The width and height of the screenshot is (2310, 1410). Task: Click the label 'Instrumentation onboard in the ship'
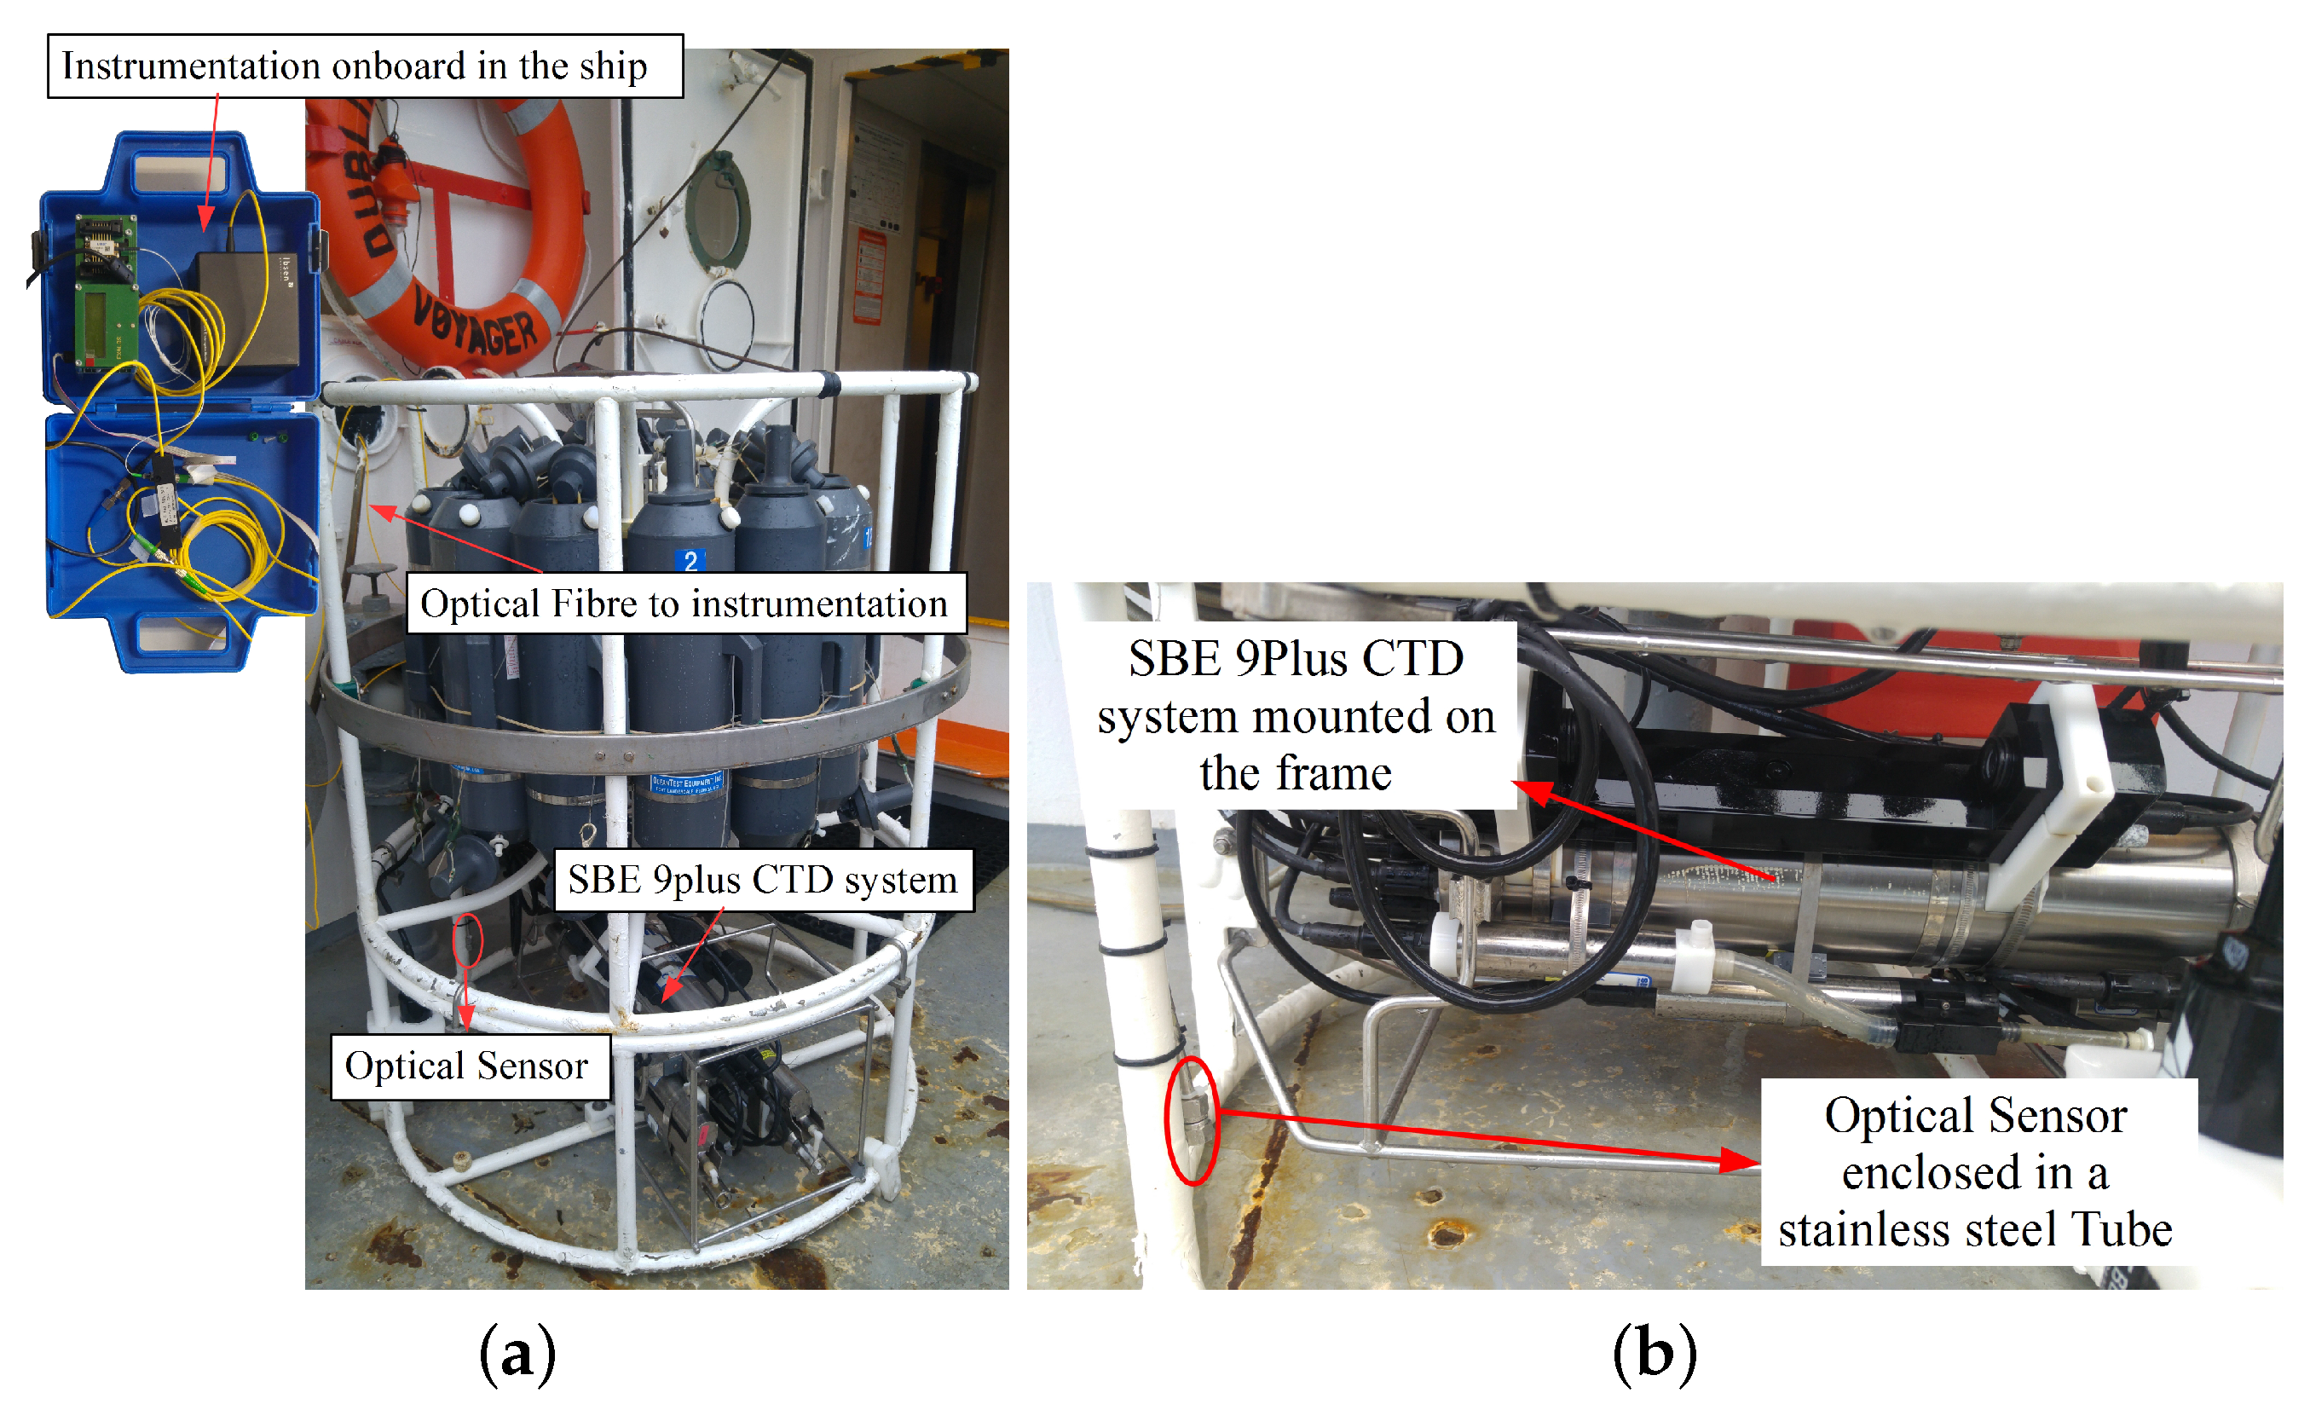(x=365, y=66)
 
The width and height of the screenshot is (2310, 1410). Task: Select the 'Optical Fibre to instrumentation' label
(x=685, y=603)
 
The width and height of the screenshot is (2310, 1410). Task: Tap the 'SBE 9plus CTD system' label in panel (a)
(x=763, y=880)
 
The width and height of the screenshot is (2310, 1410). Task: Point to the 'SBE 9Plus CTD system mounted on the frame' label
(x=1296, y=715)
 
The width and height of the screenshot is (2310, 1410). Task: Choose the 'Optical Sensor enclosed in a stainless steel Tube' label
(x=1976, y=1172)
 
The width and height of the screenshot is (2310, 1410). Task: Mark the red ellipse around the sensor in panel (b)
(x=1192, y=1120)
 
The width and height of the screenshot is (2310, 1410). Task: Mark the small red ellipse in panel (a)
(x=468, y=940)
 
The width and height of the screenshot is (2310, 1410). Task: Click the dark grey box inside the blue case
(x=248, y=309)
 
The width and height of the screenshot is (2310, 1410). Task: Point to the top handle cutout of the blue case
(x=180, y=171)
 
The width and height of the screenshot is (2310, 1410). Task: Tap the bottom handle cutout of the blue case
(x=182, y=637)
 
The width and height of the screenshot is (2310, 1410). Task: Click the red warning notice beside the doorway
(x=869, y=276)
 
